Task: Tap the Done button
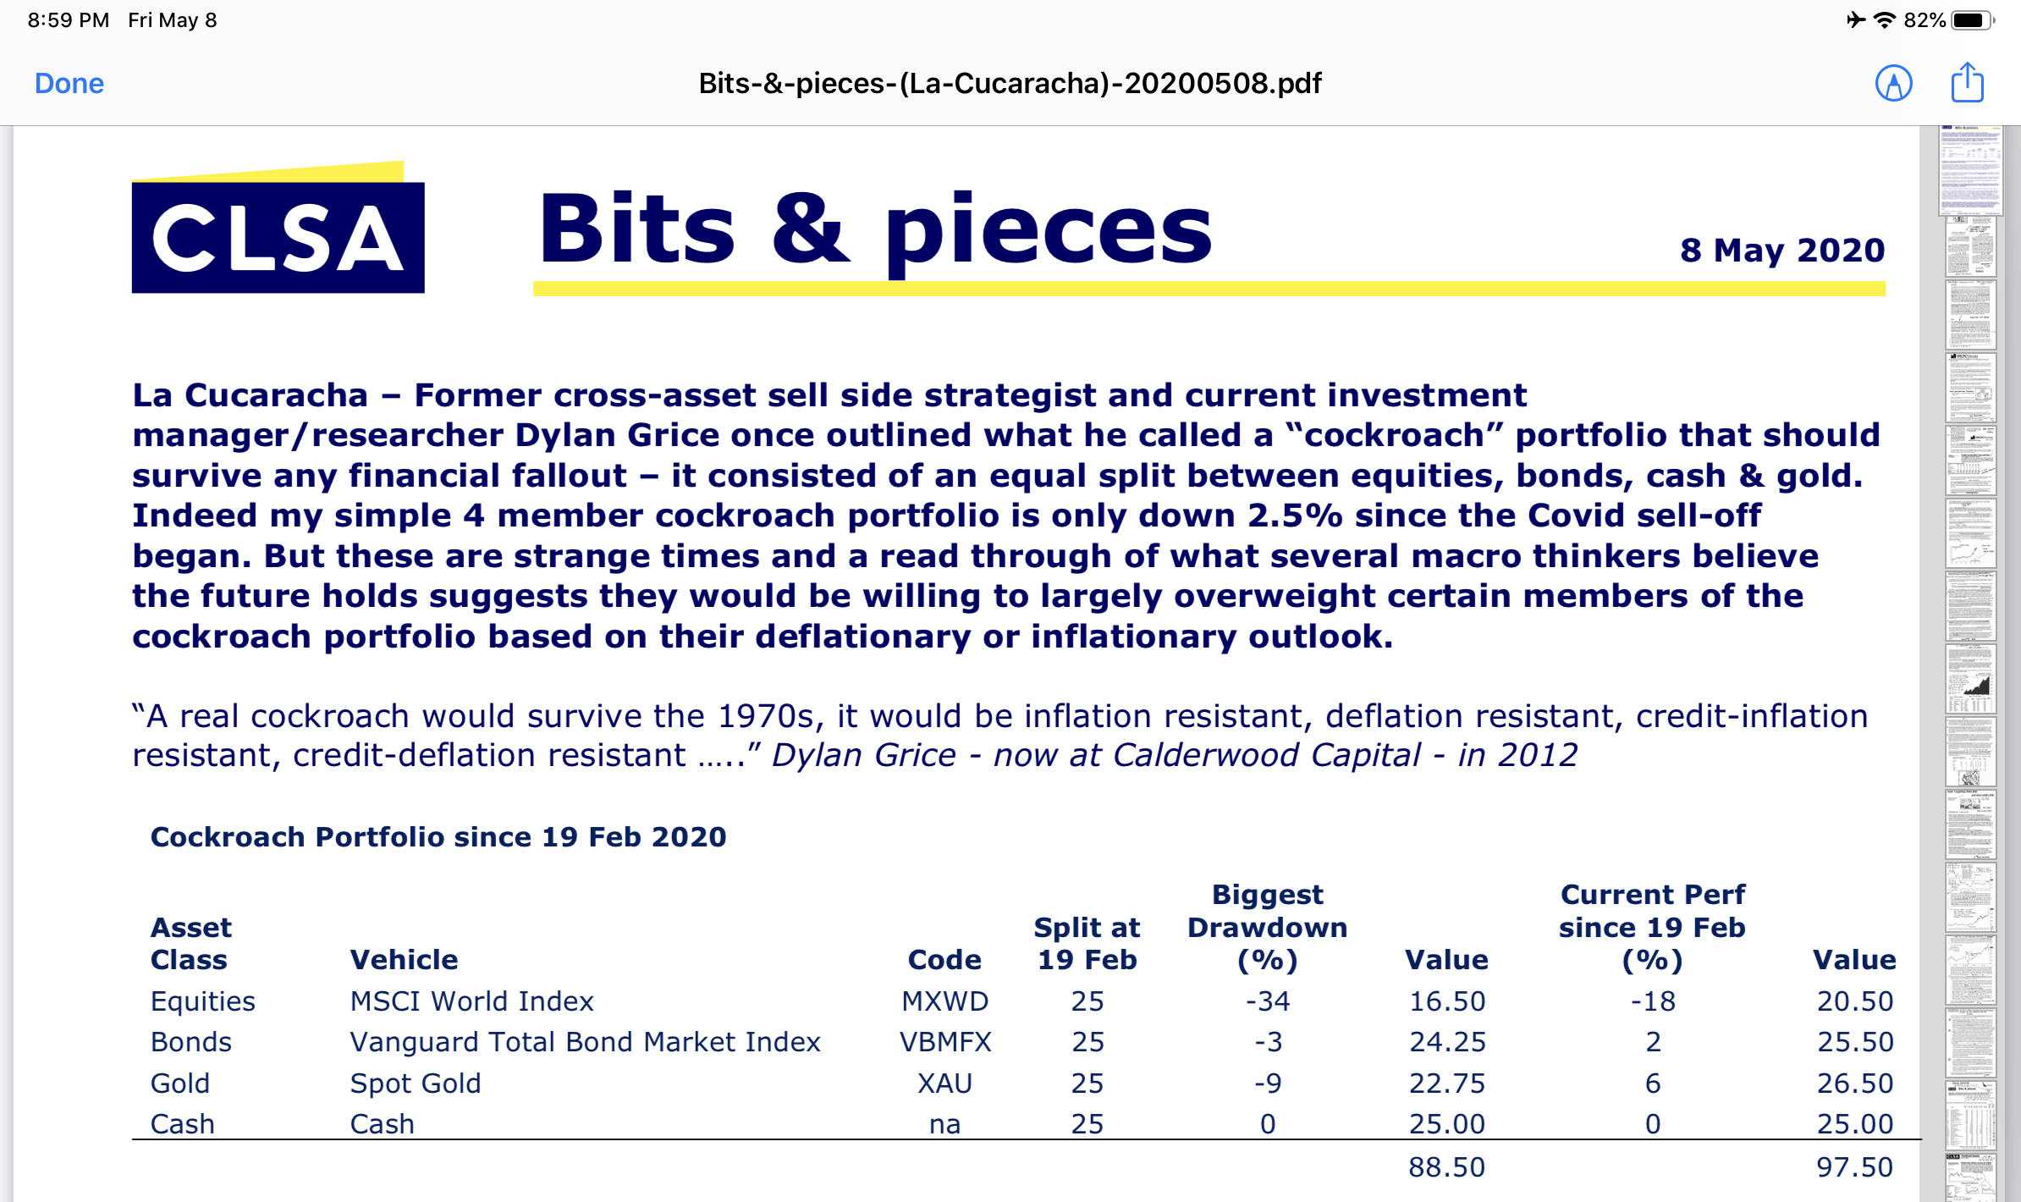[x=69, y=84]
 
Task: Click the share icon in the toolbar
[x=1967, y=82]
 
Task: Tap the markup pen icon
[x=1893, y=83]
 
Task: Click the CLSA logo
[x=278, y=227]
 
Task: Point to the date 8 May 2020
[x=1782, y=251]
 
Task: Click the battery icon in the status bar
[x=1972, y=20]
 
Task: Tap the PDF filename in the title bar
[x=1010, y=83]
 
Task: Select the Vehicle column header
[x=404, y=960]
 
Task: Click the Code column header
[x=944, y=960]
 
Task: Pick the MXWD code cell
[x=944, y=1001]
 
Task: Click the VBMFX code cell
[x=944, y=1042]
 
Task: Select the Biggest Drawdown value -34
[x=1268, y=1001]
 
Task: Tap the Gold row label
[x=179, y=1083]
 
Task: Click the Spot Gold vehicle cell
[x=416, y=1083]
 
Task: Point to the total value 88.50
[x=1446, y=1167]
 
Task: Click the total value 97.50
[x=1854, y=1167]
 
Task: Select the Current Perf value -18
[x=1653, y=1001]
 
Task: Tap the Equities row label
[x=202, y=1002]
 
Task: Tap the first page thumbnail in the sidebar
[x=1971, y=169]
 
